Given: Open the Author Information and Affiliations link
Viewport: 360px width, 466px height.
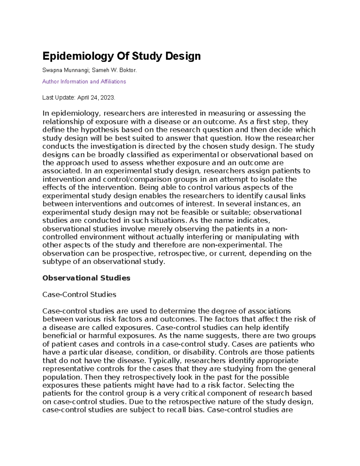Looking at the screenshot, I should click(84, 82).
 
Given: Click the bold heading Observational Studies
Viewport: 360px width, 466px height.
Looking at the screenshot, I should click(86, 278).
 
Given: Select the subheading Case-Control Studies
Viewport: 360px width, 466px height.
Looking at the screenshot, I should click(79, 295).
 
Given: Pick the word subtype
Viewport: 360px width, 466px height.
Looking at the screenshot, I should click(56, 262).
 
